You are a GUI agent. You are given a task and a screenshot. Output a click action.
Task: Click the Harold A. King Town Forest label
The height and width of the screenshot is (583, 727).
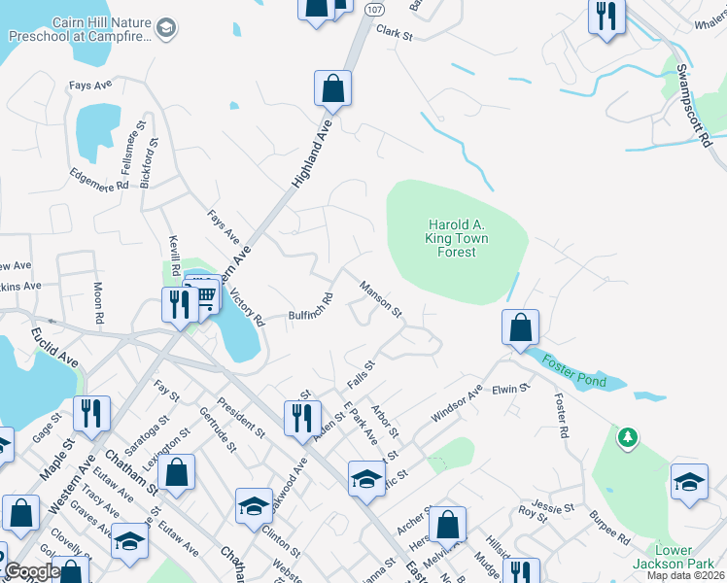pos(456,238)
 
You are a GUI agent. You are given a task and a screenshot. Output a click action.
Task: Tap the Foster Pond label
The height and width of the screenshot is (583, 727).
pos(573,369)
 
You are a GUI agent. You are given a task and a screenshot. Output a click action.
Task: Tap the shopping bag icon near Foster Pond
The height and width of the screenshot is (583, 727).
pos(521,327)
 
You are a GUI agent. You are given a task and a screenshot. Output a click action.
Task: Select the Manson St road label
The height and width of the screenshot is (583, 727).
pos(381,298)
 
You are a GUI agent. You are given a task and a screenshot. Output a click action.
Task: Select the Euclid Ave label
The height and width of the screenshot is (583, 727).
pos(54,347)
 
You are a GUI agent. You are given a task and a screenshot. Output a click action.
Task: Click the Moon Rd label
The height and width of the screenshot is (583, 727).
pos(98,302)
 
